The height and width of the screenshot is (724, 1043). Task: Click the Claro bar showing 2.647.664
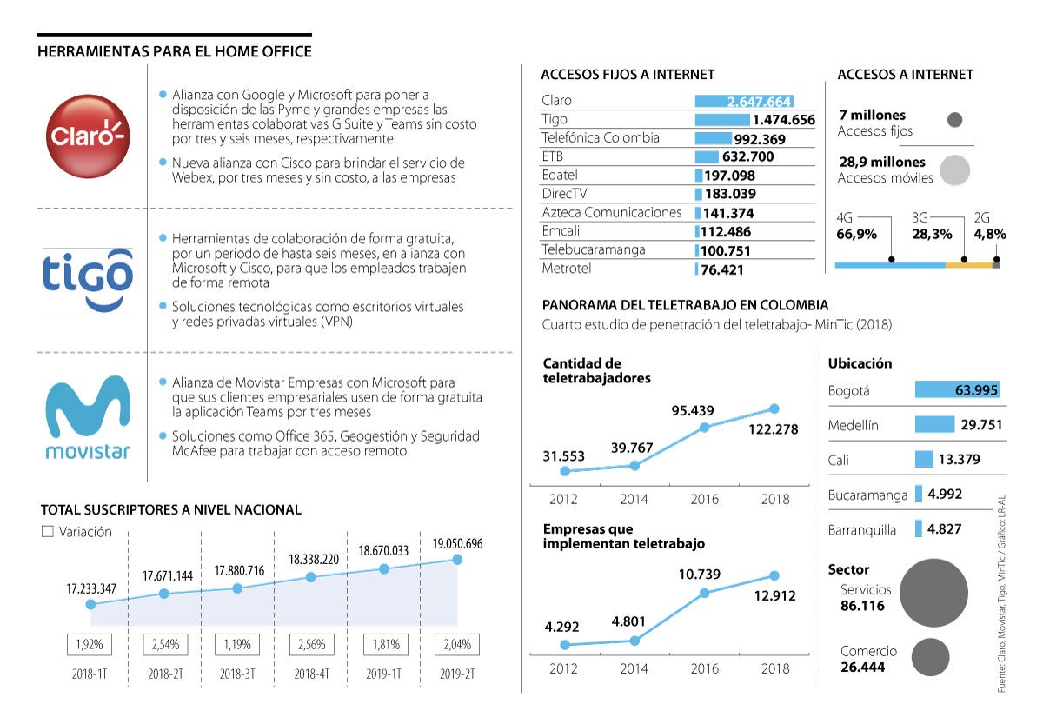coord(744,101)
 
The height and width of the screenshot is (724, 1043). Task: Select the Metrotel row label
coord(566,269)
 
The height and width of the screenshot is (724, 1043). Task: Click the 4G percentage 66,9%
coord(856,234)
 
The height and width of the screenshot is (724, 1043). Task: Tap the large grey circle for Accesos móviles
coord(954,169)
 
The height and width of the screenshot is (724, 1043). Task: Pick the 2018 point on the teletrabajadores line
coord(774,408)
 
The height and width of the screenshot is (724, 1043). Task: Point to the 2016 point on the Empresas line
coord(704,593)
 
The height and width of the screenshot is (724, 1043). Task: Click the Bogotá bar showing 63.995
coord(958,390)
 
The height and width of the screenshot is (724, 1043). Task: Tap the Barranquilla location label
coord(862,529)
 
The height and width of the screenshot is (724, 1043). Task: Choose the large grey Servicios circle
coord(934,594)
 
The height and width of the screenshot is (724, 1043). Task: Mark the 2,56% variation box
coord(310,645)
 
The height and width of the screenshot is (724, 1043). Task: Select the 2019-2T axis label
coord(456,674)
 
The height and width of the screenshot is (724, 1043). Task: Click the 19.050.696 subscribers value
coord(457,544)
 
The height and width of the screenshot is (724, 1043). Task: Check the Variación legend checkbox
coord(48,532)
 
